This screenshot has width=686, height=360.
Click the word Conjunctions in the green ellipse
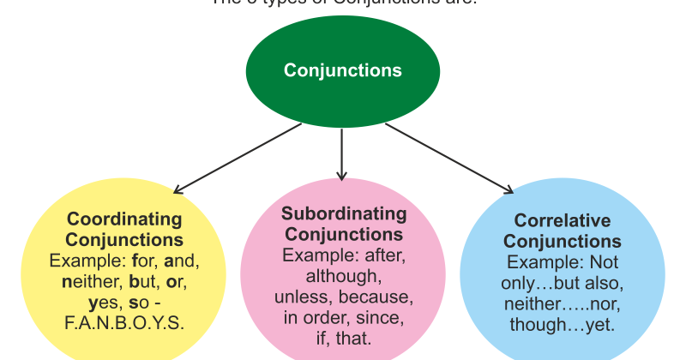342,70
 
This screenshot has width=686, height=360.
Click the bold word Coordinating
124,219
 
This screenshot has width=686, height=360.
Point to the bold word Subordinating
343,213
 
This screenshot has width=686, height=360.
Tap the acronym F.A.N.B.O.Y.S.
124,322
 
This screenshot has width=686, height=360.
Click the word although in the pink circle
343,276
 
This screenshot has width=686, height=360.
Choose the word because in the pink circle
376,297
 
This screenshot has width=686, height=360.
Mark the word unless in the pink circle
302,297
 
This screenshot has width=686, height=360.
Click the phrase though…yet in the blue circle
562,325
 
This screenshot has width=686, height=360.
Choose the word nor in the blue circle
601,304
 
